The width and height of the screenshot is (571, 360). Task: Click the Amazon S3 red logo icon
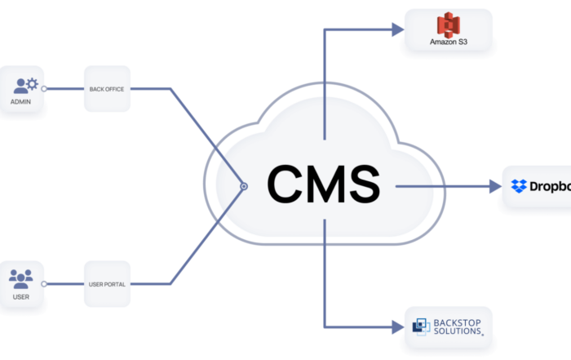click(449, 24)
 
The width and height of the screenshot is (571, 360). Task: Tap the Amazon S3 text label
click(449, 42)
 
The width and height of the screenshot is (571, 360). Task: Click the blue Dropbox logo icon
click(519, 186)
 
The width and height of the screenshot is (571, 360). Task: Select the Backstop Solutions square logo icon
click(421, 327)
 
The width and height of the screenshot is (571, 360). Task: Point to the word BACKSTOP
click(457, 322)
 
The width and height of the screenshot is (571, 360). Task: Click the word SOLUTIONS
click(458, 331)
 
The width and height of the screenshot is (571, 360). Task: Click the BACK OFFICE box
click(107, 89)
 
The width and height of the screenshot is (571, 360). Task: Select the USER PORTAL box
click(107, 284)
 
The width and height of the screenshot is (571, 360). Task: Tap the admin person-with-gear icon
click(25, 86)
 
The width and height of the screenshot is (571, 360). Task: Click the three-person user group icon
click(20, 279)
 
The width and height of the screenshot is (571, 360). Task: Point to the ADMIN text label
click(20, 102)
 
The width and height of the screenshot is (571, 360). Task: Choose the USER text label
click(20, 297)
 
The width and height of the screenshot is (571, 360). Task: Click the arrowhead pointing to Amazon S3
click(398, 29)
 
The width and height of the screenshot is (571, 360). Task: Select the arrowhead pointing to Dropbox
click(495, 186)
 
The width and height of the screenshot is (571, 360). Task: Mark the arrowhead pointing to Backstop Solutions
click(398, 327)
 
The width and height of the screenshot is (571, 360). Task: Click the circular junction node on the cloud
click(244, 186)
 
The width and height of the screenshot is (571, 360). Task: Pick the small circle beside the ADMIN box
click(44, 88)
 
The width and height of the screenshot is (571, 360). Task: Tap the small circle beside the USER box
click(44, 284)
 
